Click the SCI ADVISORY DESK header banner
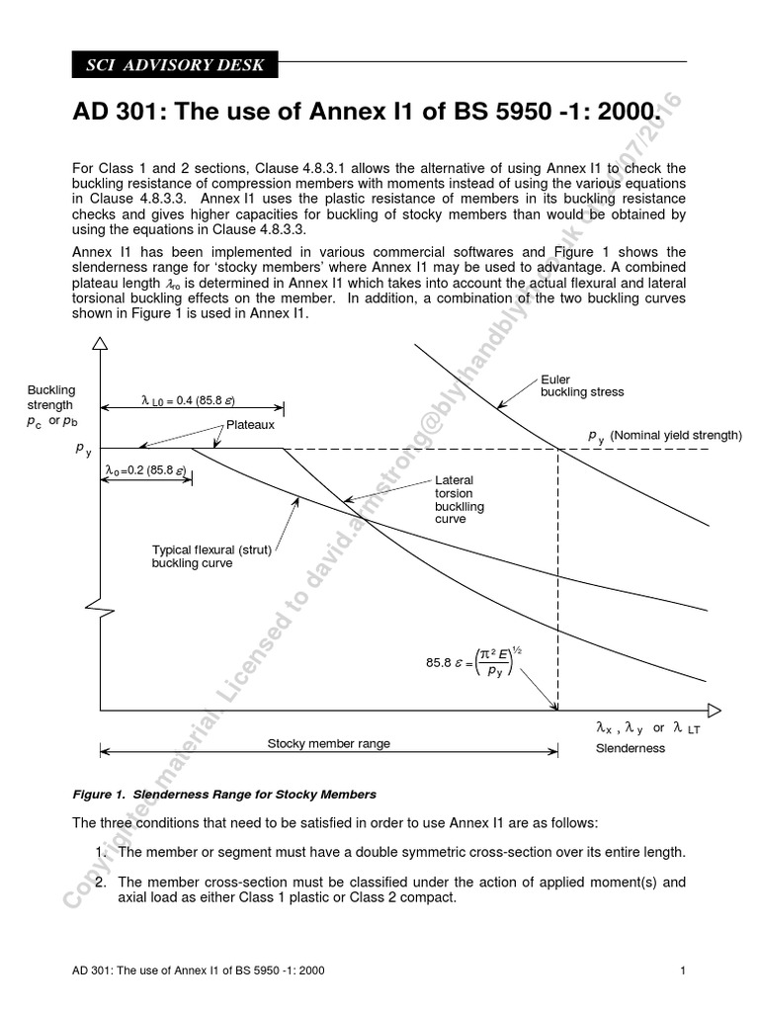(x=175, y=65)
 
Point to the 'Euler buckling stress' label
(x=581, y=385)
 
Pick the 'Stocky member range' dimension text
(x=328, y=743)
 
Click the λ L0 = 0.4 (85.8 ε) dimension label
(x=188, y=400)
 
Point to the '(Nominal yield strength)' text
(x=675, y=435)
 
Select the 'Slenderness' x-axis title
(x=630, y=748)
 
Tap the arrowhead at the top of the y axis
(x=100, y=343)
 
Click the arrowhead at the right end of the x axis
(x=715, y=711)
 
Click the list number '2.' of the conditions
(x=102, y=882)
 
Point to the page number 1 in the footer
(x=683, y=970)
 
